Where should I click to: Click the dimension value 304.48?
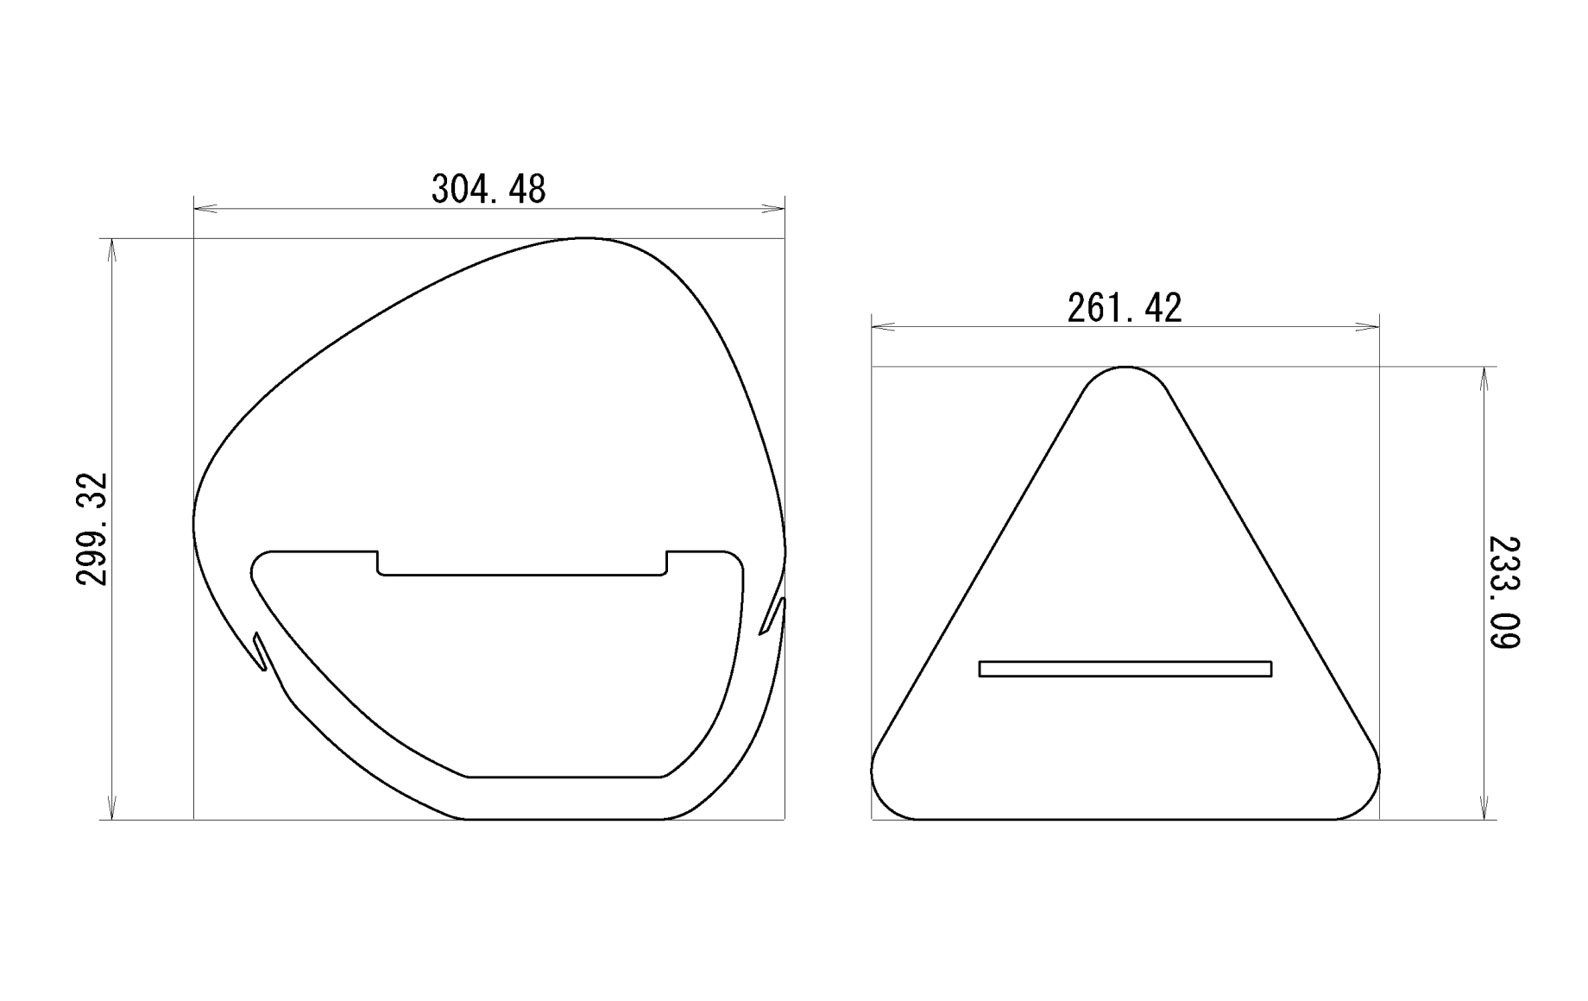488,188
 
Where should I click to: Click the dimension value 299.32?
92,529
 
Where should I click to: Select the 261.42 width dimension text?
1125,308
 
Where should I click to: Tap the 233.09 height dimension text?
1504,592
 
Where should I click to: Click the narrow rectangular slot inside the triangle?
1125,669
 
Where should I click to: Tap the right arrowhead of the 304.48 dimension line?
773,208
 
